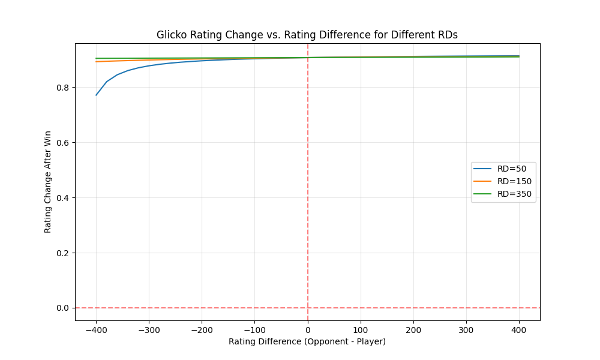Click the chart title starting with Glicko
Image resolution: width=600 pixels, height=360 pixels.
[x=307, y=35]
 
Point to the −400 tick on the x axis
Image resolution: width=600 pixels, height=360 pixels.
[x=96, y=329]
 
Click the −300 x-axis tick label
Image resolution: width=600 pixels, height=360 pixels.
[x=149, y=329]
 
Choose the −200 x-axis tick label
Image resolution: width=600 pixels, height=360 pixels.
[x=202, y=329]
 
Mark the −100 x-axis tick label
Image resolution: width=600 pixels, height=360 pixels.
[x=254, y=329]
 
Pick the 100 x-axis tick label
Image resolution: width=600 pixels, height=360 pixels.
[x=361, y=329]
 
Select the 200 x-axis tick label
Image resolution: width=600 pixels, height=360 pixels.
[x=413, y=329]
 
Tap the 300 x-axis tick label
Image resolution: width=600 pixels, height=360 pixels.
[x=466, y=329]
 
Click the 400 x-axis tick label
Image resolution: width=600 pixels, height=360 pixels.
[x=519, y=329]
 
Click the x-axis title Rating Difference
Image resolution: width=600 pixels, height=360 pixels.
[x=307, y=341]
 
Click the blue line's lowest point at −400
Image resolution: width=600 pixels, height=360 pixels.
[x=96, y=95]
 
